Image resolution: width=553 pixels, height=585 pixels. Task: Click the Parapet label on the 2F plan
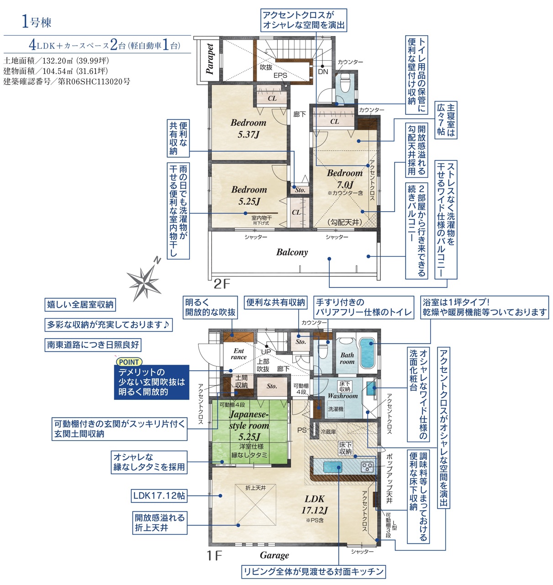tap(210, 58)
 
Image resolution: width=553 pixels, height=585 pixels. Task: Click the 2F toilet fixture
tap(345, 83)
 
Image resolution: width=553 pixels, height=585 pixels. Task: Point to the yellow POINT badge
tap(129, 362)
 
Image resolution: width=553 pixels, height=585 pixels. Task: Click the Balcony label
tap(292, 252)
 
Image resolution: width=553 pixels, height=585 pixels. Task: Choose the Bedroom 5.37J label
tap(248, 128)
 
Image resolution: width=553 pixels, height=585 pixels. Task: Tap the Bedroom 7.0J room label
tap(345, 179)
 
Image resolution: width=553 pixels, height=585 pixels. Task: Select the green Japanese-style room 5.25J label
tap(249, 425)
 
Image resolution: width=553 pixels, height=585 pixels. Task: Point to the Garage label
tap(274, 555)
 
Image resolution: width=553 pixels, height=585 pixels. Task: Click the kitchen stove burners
tap(368, 467)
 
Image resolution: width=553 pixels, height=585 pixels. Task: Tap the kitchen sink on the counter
tap(333, 467)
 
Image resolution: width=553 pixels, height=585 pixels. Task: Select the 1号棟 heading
tap(37, 22)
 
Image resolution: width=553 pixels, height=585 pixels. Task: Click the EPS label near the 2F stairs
tap(280, 75)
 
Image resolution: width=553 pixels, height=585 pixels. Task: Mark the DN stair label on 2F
tap(323, 72)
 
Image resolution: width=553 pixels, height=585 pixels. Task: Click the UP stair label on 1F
tap(266, 352)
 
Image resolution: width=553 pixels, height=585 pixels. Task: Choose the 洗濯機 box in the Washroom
tap(336, 409)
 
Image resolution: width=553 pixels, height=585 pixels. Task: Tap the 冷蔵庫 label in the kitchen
tap(328, 431)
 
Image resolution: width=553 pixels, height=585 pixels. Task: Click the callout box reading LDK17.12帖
tap(159, 495)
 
